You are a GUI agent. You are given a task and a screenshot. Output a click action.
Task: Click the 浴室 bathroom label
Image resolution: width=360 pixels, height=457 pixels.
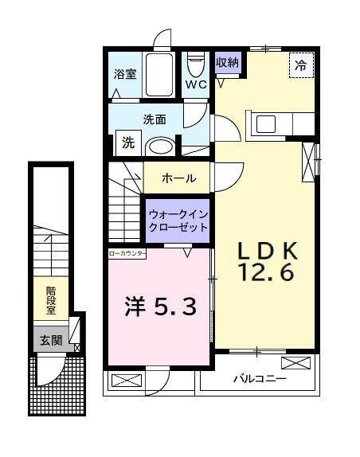pos(126,76)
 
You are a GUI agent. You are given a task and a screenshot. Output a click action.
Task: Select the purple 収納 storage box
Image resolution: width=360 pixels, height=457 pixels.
pos(226,62)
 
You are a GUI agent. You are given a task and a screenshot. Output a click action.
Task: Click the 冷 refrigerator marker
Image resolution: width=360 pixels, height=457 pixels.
pos(301,66)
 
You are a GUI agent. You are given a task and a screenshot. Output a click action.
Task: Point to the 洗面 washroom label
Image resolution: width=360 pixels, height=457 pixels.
pos(154,120)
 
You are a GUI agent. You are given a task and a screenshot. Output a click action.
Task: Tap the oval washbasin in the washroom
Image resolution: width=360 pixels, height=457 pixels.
pos(162,146)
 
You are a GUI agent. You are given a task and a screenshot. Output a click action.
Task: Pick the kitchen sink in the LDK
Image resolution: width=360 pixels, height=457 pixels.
pos(265,125)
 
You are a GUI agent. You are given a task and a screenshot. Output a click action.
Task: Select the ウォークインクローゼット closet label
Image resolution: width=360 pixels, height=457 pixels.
pos(177,221)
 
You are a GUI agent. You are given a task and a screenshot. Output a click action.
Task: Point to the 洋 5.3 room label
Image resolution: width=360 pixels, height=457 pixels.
pos(159,306)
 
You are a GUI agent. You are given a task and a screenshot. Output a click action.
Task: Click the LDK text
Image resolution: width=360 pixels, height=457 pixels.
pos(266,251)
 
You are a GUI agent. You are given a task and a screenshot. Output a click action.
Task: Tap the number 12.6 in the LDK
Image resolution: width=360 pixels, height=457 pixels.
pos(266,273)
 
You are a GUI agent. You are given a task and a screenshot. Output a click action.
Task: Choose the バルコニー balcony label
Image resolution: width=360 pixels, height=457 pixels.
pos(259,379)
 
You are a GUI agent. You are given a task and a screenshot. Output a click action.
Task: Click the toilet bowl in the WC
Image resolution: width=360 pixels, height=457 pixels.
pos(195,64)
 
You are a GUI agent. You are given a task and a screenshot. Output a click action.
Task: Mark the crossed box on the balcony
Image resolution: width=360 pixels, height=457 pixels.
pos(295,363)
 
